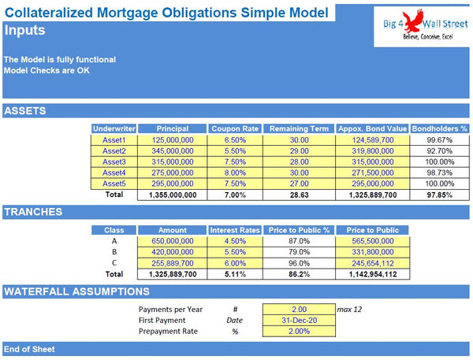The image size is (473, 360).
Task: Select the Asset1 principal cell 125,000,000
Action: (x=172, y=139)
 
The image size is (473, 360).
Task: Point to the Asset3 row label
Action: (x=114, y=161)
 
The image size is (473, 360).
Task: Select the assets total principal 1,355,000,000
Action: (x=172, y=194)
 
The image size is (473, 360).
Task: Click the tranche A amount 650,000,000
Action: (x=172, y=241)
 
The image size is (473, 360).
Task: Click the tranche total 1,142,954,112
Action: (x=371, y=274)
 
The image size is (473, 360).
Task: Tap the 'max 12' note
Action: (x=349, y=310)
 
